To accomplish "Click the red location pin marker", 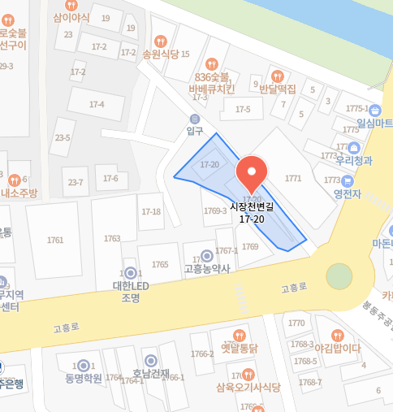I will tap(251, 171).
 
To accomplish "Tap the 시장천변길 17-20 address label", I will tap(252, 213).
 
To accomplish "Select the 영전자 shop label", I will tap(347, 194).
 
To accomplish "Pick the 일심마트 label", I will tap(374, 123).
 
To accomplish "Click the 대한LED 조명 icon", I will tap(130, 273).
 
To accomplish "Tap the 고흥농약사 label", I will tap(207, 268).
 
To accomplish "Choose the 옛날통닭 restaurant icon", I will tap(239, 335).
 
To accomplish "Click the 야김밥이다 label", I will tap(337, 348).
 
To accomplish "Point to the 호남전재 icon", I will tap(150, 361).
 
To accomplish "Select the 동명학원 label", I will tap(84, 378).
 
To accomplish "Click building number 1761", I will tap(55, 240).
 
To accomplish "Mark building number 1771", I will tap(293, 178).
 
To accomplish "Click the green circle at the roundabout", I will tap(339, 276).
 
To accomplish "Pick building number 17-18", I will tap(151, 211).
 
